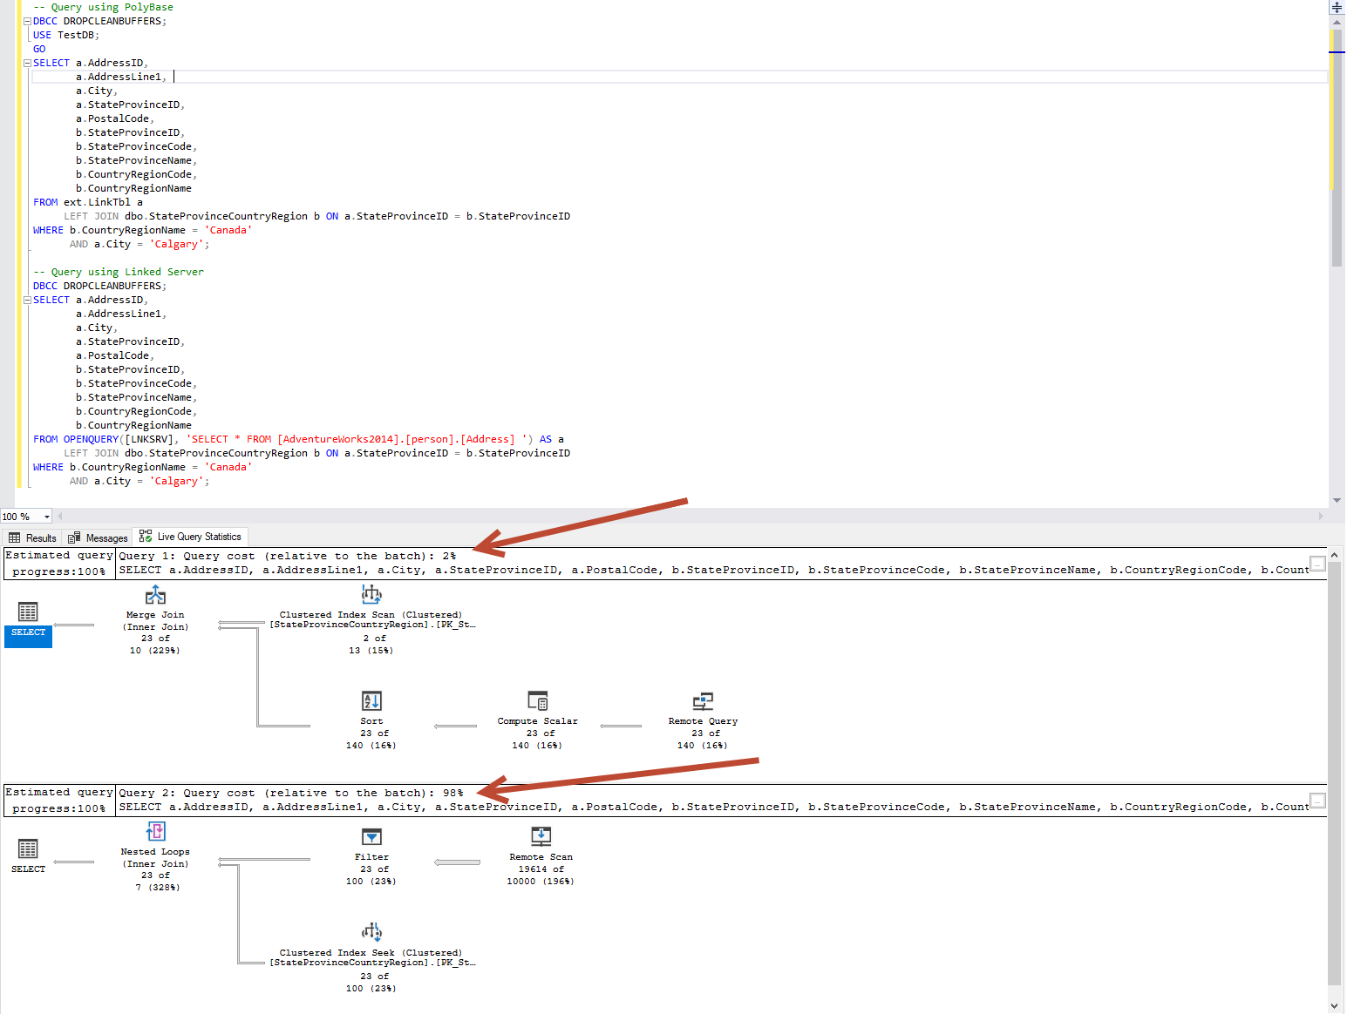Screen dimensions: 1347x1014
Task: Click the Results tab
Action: [x=33, y=537]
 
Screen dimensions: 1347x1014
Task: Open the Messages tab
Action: [x=99, y=537]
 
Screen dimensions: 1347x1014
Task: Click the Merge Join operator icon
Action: [x=155, y=595]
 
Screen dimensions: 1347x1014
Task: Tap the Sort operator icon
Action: [x=371, y=701]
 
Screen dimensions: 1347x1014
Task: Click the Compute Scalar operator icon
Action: [x=538, y=701]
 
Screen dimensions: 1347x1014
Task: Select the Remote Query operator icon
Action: [x=703, y=701]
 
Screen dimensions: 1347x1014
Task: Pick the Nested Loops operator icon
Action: [x=155, y=832]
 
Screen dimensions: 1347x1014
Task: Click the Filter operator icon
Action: [x=371, y=837]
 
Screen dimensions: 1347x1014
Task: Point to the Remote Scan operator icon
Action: [x=541, y=837]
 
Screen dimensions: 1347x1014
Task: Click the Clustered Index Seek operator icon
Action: [x=371, y=932]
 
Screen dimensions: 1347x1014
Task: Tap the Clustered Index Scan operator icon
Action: [x=371, y=595]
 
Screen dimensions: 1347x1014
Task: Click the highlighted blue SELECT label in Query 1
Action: [x=29, y=632]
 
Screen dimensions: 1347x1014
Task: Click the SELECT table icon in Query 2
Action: [x=28, y=848]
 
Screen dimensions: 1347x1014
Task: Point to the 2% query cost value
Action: [x=449, y=556]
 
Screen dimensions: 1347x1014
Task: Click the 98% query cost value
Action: [x=452, y=793]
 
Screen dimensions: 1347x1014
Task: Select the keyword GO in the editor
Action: [x=39, y=49]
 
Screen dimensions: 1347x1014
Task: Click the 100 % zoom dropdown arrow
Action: [x=47, y=517]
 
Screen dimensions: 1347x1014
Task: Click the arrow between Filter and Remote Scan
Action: [x=458, y=862]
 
